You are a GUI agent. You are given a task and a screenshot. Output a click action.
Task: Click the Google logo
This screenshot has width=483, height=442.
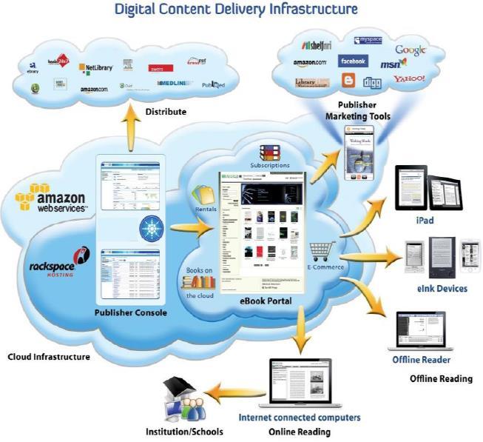coord(411,50)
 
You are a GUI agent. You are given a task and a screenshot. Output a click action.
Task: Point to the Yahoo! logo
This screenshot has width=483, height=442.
coord(409,78)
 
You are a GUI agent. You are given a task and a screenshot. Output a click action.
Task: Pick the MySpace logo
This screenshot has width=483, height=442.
coord(368,40)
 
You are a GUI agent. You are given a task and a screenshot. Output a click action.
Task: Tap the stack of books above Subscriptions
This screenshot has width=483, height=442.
coord(270,153)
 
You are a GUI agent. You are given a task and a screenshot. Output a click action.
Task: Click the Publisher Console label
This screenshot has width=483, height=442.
coord(130,312)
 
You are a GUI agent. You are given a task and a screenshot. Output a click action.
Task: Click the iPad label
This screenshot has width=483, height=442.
coord(424,220)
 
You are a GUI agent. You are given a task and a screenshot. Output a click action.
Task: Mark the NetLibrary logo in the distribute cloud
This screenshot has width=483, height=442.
coord(96,67)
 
